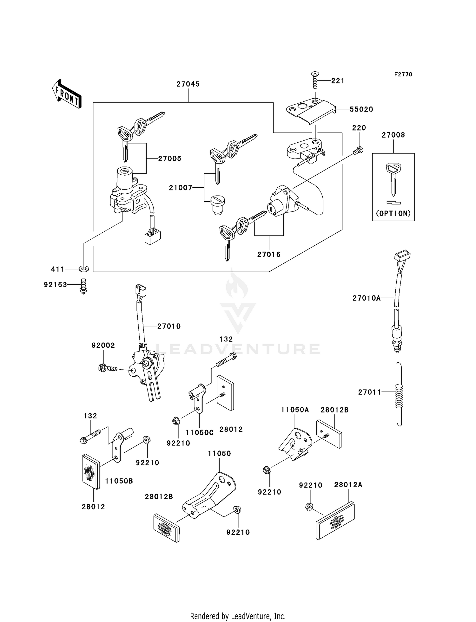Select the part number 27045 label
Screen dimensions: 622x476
tap(188, 84)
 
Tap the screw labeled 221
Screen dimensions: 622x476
tap(315, 81)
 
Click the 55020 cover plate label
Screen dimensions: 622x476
tap(361, 109)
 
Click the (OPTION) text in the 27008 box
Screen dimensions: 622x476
tap(393, 214)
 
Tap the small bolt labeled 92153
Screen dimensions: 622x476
tap(83, 286)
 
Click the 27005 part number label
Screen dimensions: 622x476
tap(170, 159)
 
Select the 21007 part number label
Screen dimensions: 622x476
tap(181, 188)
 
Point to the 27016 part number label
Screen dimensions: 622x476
tap(269, 254)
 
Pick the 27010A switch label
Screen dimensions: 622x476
tap(366, 298)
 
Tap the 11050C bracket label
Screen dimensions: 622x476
tap(199, 432)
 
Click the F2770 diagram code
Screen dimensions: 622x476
tap(403, 75)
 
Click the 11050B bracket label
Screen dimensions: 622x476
tap(119, 481)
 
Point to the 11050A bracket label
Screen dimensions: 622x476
tap(295, 410)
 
